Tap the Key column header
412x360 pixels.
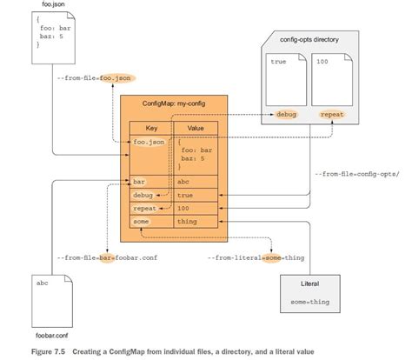[x=150, y=127]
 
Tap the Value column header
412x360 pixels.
[x=197, y=127]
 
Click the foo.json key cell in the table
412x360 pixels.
[x=149, y=142]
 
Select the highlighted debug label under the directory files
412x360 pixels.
[x=287, y=114]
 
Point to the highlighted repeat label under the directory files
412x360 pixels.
[x=332, y=114]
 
